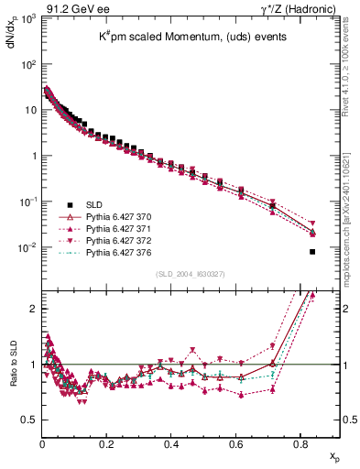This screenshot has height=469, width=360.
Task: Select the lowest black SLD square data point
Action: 312,251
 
